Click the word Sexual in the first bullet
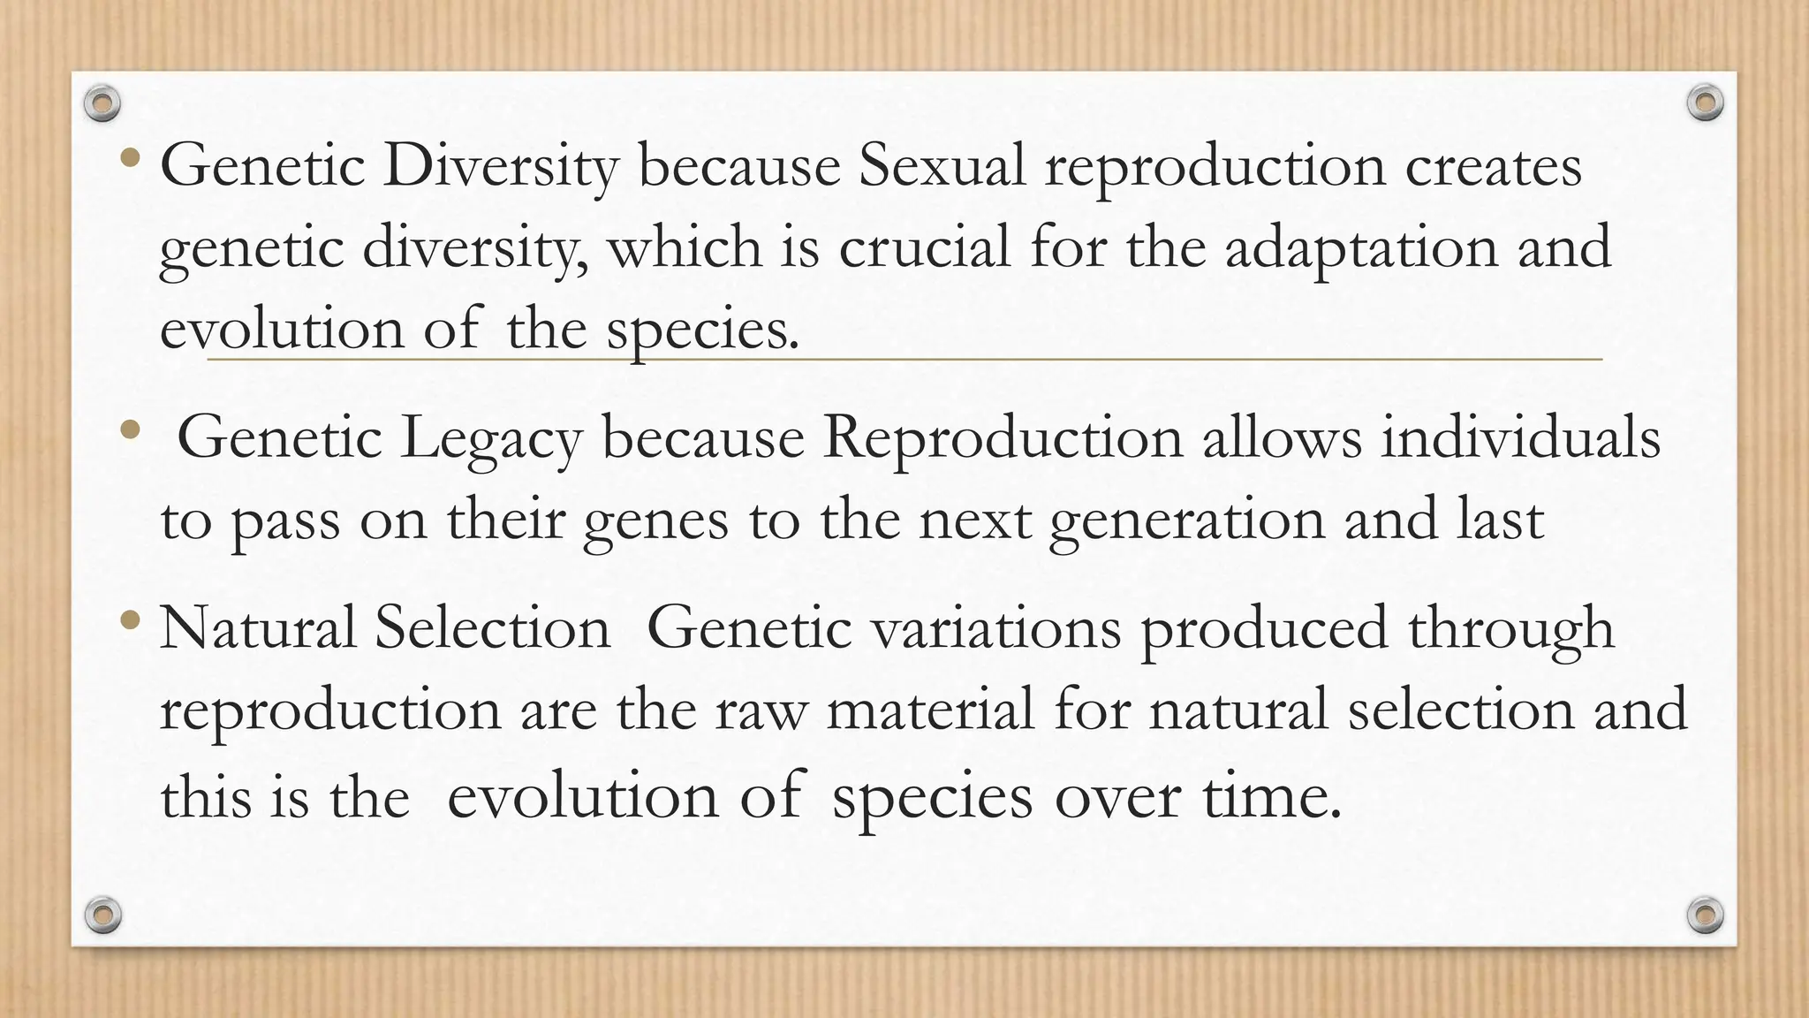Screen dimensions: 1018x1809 point(942,165)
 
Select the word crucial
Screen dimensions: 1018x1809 point(924,247)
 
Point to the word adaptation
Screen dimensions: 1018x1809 point(1361,248)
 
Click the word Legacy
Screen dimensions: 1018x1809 point(491,439)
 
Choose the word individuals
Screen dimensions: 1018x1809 point(1520,437)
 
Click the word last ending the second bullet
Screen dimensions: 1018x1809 point(1500,519)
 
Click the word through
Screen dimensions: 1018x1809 point(1510,629)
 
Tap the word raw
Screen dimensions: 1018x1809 point(761,710)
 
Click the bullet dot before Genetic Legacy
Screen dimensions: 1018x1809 point(132,430)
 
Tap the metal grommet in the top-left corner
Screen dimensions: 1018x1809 point(102,104)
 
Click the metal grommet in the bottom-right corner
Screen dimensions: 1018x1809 point(1706,915)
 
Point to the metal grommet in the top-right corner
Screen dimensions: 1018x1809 point(1706,103)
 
